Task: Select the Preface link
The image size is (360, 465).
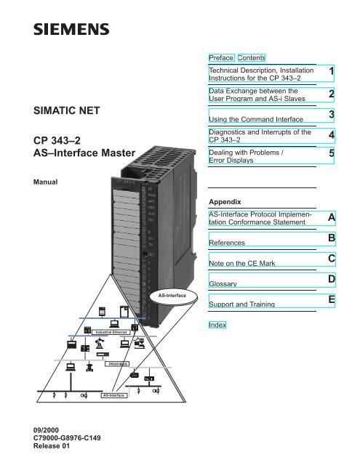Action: click(x=218, y=57)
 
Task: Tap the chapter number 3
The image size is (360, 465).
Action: click(x=331, y=116)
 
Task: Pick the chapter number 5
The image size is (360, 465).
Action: click(x=331, y=155)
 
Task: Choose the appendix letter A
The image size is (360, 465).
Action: click(x=331, y=218)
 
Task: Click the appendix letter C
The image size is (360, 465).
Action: click(x=331, y=259)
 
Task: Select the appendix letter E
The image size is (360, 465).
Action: click(x=331, y=299)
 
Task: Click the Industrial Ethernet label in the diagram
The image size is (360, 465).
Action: click(x=111, y=332)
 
